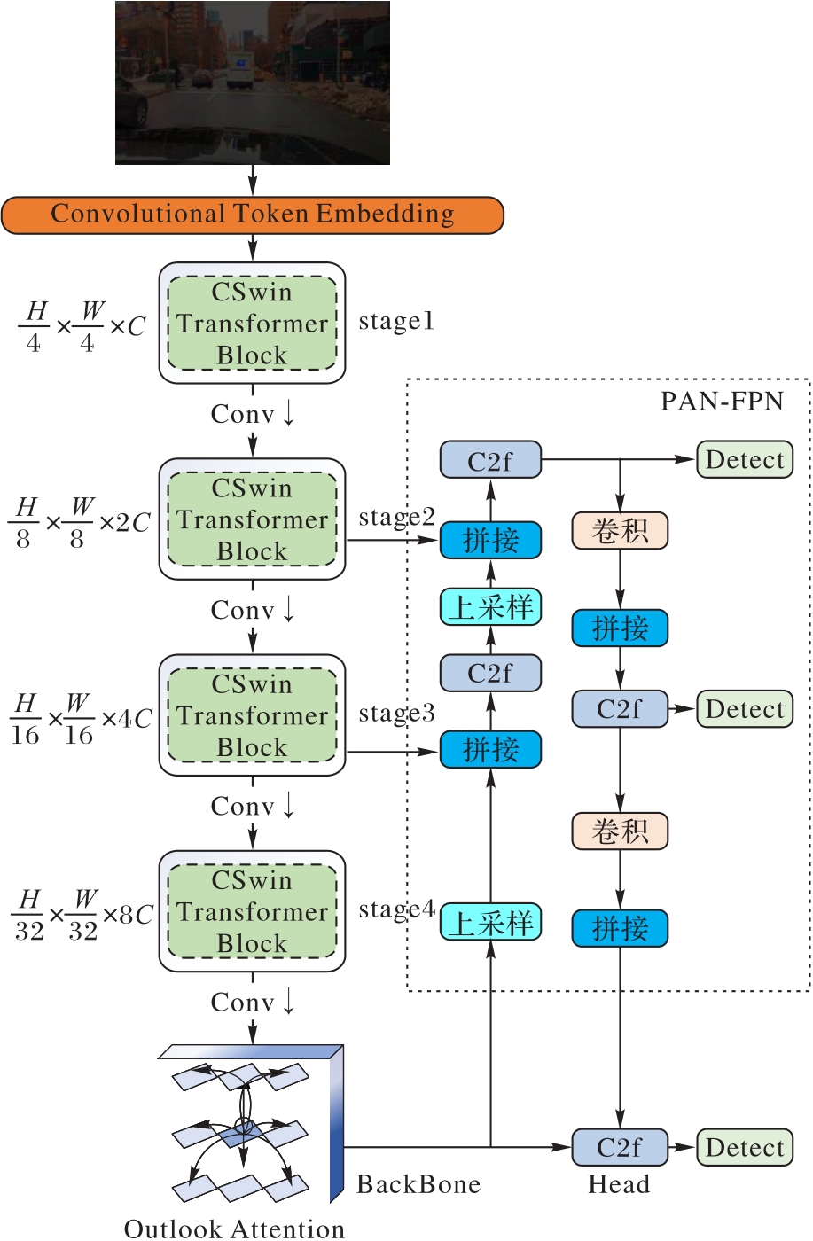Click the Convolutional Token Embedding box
(252, 215)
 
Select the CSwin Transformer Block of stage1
(252, 324)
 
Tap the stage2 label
(396, 517)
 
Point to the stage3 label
(396, 714)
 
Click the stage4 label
(396, 909)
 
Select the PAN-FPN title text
(722, 402)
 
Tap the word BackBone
(418, 1185)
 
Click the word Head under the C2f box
(619, 1185)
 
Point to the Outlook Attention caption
(234, 1229)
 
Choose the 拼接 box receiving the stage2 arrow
(490, 540)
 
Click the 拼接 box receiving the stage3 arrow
(490, 750)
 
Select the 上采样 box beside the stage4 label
(490, 923)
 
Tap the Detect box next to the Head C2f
(745, 1148)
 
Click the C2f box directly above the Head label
(619, 1148)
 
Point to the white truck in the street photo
(241, 69)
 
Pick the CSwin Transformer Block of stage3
(252, 715)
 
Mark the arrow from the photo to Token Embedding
(253, 180)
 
